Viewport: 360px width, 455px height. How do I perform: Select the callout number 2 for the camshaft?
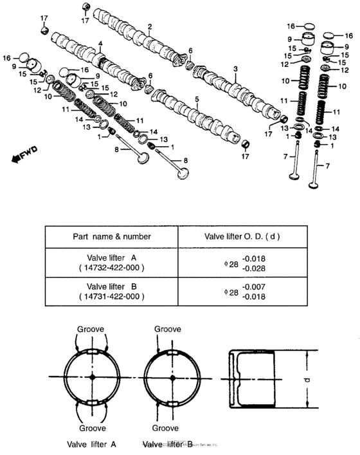(149, 27)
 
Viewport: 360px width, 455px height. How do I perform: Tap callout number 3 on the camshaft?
(235, 68)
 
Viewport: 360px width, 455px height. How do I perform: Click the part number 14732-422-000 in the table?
(111, 266)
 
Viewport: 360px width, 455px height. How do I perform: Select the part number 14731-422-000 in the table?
(111, 297)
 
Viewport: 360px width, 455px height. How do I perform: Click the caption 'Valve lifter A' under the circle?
(91, 444)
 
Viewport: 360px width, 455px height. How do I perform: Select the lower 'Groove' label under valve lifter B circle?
(165, 427)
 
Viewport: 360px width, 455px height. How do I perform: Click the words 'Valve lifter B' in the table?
(111, 286)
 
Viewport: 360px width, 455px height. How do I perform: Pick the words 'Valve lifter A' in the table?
(111, 256)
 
